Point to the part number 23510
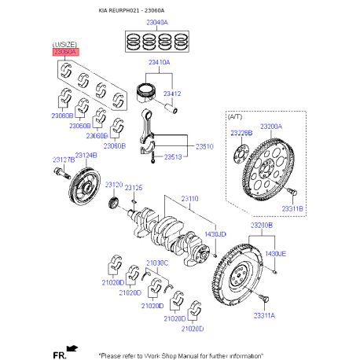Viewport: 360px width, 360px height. tap(204, 146)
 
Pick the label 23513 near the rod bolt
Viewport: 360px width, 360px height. tap(174, 157)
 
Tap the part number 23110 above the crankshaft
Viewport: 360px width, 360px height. tap(190, 199)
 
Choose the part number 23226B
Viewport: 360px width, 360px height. tap(241, 134)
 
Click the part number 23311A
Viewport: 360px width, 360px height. tap(264, 315)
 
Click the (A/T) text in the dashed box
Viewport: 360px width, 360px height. tap(235, 116)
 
